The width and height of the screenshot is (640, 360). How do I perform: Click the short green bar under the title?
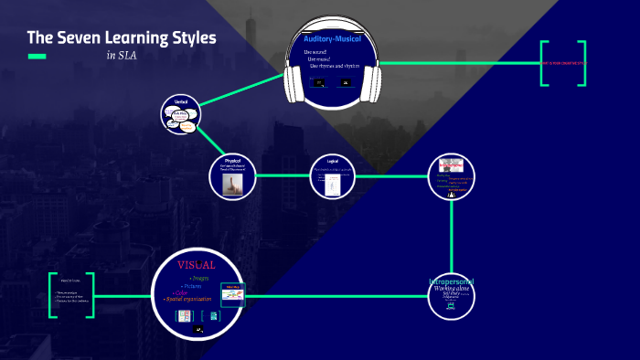point(37,57)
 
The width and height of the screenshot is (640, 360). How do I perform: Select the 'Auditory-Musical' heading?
point(333,39)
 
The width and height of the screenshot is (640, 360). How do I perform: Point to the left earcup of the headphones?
point(293,80)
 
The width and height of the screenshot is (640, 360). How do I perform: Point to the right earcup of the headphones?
point(372,80)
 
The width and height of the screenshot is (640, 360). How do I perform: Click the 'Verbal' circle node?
point(180,114)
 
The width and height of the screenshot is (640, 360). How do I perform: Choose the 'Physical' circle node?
point(231,175)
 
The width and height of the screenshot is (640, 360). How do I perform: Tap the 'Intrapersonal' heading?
point(452,281)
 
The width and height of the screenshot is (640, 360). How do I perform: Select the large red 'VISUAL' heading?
point(197,264)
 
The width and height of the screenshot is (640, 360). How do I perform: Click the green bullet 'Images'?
point(197,277)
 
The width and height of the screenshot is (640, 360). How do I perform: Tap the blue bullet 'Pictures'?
point(193,286)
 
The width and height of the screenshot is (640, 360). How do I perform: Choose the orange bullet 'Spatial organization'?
point(189,299)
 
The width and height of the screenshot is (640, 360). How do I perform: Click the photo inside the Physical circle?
point(232,183)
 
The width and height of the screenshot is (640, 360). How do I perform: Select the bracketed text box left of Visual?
point(71,295)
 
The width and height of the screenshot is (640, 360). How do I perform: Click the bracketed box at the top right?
point(562,63)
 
